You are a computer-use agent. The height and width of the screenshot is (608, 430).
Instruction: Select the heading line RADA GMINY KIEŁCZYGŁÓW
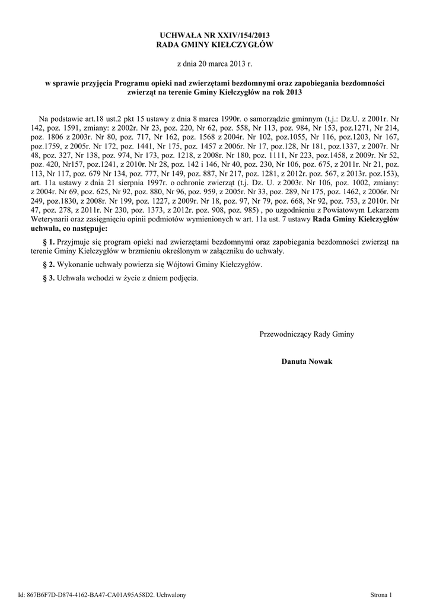click(x=215, y=45)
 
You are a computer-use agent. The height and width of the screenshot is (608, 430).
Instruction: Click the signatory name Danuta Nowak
click(x=307, y=362)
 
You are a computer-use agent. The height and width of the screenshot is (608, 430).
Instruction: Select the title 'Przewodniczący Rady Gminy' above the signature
click(x=307, y=334)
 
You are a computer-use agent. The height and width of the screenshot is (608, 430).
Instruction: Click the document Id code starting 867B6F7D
click(x=89, y=594)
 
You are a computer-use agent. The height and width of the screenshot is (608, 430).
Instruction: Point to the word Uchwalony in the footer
click(x=173, y=594)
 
